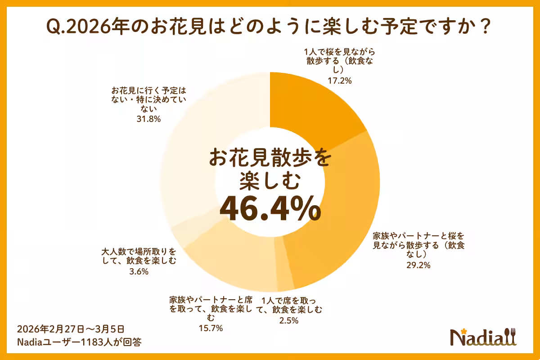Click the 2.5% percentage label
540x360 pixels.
[x=288, y=320]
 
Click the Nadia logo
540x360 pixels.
[x=484, y=337]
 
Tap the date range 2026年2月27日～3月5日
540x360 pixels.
[x=71, y=328]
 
